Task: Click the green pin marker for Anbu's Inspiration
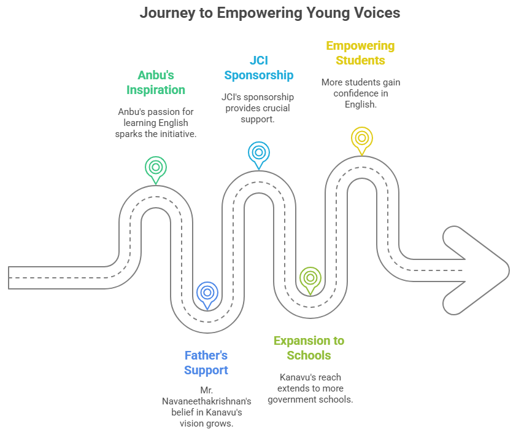coord(156,167)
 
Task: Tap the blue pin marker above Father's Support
coord(207,293)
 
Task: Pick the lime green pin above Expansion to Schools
coord(310,278)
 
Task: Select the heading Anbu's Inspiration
coord(156,82)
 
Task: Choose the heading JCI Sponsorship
coord(259,68)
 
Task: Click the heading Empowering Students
coord(360,53)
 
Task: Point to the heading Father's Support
coord(206,363)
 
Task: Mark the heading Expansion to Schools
coord(309,348)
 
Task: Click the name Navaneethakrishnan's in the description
coord(206,401)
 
